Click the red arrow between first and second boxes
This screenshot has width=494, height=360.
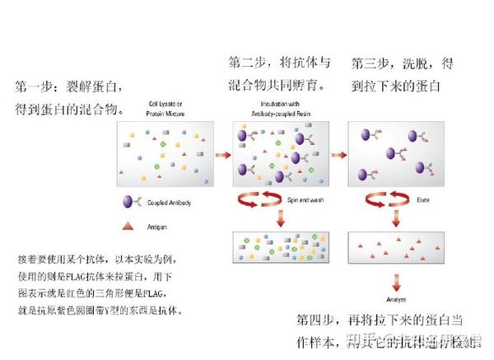point(222,154)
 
